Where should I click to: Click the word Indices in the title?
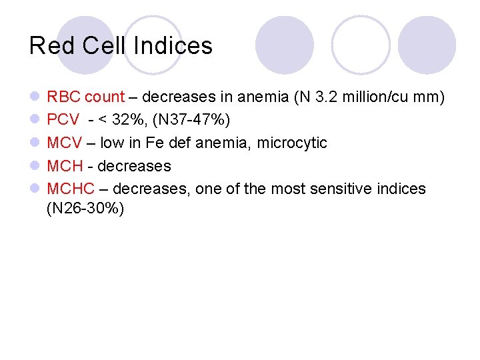coord(173,46)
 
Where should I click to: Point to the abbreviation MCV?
coord(64,143)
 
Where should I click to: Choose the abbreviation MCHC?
coord(70,189)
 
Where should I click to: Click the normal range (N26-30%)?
coord(85,208)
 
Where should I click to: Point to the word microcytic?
coord(294,143)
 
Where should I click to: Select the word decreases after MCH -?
coord(134,166)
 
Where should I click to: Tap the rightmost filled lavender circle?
coord(427,45)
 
